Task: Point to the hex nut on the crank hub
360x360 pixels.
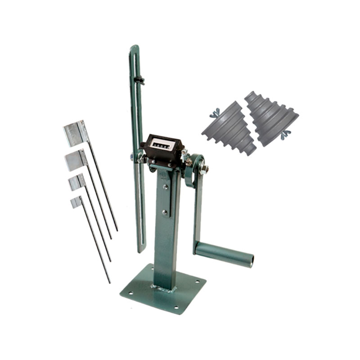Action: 204,169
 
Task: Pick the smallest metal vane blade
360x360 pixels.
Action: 76,202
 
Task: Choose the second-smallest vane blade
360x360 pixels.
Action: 77,182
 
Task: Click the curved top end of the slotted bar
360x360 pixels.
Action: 134,48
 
